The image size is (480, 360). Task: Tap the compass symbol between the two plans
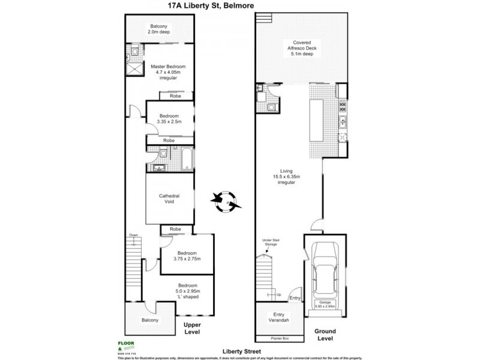[x=226, y=201]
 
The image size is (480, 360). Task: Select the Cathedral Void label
[x=169, y=199]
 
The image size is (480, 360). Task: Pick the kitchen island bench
[x=316, y=121]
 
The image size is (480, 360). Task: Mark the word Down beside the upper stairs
[x=133, y=235]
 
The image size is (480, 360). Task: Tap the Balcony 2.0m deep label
[x=160, y=30]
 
